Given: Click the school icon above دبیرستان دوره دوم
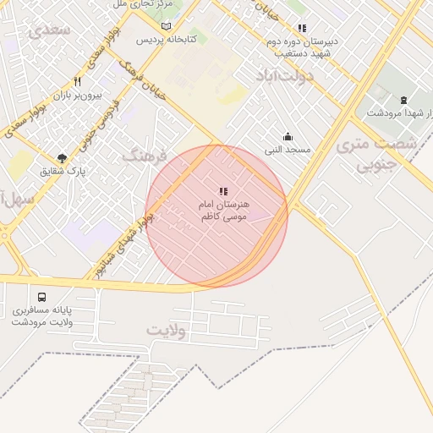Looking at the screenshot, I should coord(302,28).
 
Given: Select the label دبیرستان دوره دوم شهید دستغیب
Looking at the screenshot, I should coord(302,47).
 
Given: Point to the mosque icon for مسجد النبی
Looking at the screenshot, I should coord(288,137).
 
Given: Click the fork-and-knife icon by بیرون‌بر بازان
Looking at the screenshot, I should coord(77,82).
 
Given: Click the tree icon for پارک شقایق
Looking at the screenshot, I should coord(62,158).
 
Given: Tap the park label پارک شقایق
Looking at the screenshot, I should coord(63,171).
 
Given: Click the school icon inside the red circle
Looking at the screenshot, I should coord(222,193).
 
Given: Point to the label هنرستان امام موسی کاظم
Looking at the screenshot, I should coord(222,211).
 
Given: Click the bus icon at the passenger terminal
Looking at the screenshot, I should coord(42,298).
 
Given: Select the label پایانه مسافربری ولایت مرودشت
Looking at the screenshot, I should coord(42,316).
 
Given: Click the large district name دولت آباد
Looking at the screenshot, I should coord(285,77).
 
